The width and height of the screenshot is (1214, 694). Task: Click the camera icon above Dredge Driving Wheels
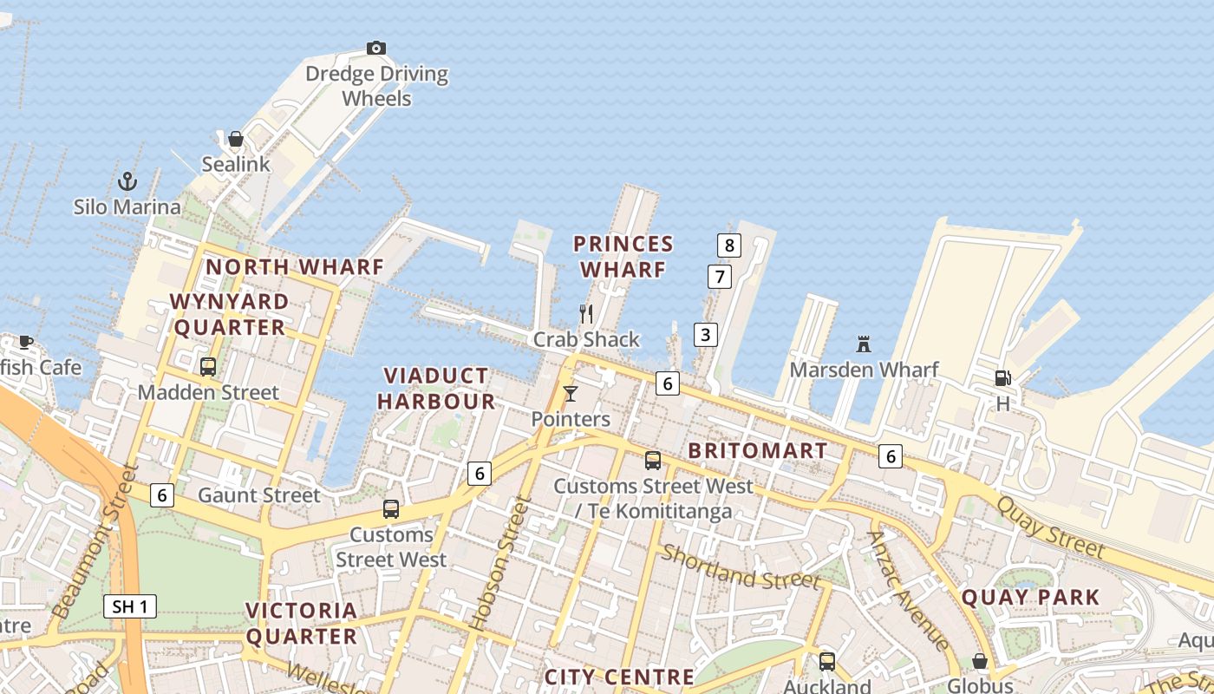(375, 48)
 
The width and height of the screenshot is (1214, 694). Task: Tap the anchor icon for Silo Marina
(127, 181)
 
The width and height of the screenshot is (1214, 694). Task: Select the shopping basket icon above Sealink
(235, 139)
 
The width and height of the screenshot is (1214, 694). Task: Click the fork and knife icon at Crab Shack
(586, 313)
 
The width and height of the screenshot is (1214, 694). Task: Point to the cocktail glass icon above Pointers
(570, 394)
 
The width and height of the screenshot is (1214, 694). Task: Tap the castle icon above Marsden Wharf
(863, 344)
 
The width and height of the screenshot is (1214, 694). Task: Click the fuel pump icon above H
(1002, 378)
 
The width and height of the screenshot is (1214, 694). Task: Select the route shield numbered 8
(728, 246)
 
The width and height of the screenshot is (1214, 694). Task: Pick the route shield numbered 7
(719, 277)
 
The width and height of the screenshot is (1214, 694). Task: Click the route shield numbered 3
(706, 334)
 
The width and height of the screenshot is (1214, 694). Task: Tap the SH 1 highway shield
(130, 606)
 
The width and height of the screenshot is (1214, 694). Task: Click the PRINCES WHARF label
(623, 257)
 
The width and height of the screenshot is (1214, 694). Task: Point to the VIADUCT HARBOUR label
(440, 389)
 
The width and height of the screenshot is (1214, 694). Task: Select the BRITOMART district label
(757, 451)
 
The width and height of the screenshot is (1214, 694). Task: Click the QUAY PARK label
(1030, 597)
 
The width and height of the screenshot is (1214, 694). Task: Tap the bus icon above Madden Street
(208, 366)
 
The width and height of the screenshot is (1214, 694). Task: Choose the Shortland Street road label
(741, 566)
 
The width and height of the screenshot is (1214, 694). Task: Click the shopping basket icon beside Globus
(980, 661)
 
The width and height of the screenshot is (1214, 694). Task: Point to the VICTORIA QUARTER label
(301, 623)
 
